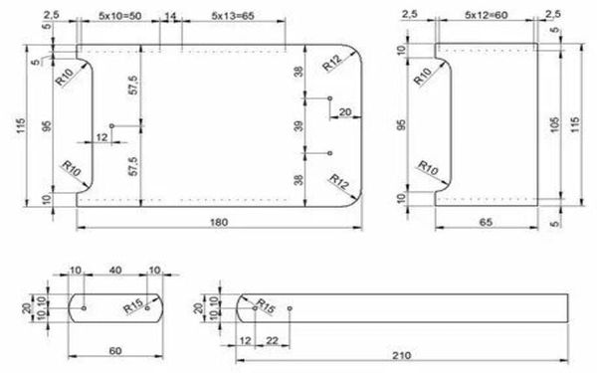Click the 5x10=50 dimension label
click(120, 16)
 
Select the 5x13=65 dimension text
click(233, 16)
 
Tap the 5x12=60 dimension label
click(487, 15)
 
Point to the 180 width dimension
click(219, 222)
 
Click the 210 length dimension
click(402, 355)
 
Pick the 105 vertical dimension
click(555, 124)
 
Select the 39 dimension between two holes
click(299, 126)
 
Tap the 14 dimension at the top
click(170, 16)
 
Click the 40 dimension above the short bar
click(115, 271)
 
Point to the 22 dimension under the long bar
click(272, 340)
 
